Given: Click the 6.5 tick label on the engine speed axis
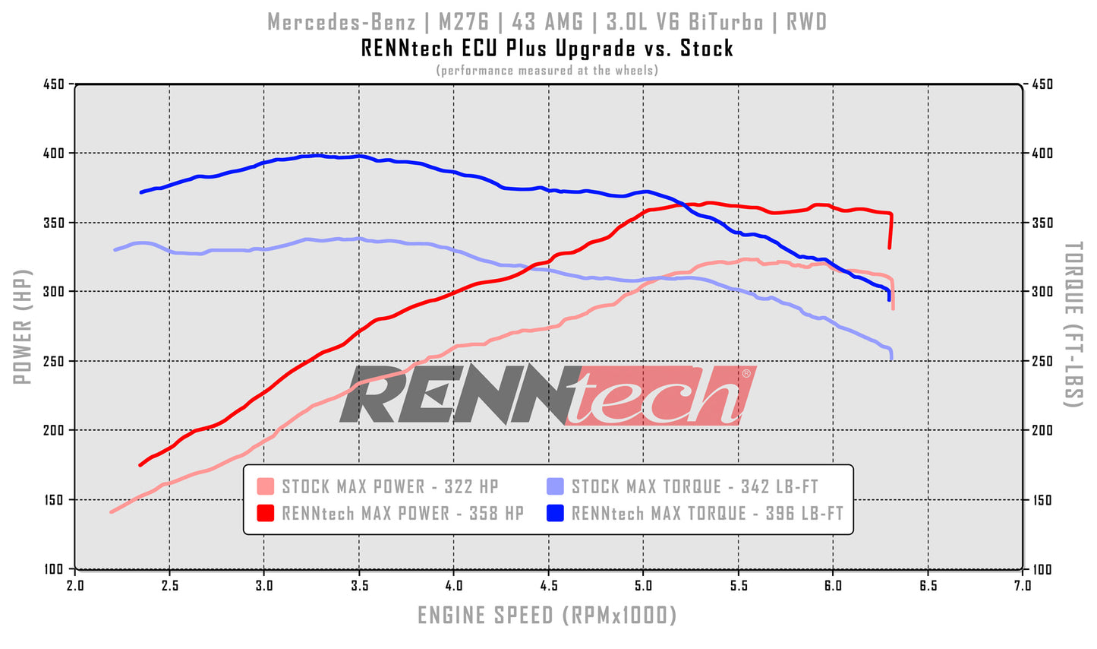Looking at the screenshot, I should pyautogui.click(x=928, y=586).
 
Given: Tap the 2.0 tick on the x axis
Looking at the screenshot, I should pyautogui.click(x=74, y=586).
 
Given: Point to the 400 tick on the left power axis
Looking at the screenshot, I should pyautogui.click(x=54, y=154).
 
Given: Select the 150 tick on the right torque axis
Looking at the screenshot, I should pyautogui.click(x=1042, y=500).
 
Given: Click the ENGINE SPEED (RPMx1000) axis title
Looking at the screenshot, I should pyautogui.click(x=547, y=615).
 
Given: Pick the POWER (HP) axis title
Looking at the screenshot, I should pyautogui.click(x=23, y=326).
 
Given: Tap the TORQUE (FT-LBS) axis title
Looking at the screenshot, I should pyautogui.click(x=1072, y=324).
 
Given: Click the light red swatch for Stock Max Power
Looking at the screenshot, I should pyautogui.click(x=265, y=487).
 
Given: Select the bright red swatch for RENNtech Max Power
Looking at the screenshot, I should pyautogui.click(x=265, y=514).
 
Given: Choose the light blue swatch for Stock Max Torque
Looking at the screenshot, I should pyautogui.click(x=555, y=487).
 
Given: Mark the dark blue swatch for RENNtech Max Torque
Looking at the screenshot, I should pyautogui.click(x=555, y=514).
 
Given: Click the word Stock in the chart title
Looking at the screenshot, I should pyautogui.click(x=706, y=49).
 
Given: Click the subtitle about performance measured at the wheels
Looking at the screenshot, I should pyautogui.click(x=547, y=71).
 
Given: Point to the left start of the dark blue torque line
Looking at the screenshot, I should pyautogui.click(x=141, y=192).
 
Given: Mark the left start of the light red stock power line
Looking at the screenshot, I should pyautogui.click(x=112, y=511).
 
